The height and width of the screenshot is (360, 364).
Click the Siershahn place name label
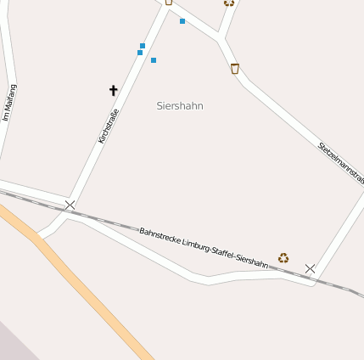(x=180, y=105)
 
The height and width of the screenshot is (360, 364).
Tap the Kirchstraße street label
(x=108, y=126)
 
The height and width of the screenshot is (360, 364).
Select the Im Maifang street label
(x=9, y=102)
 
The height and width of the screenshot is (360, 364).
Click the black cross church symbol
(x=114, y=90)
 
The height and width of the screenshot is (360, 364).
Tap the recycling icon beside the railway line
(x=283, y=257)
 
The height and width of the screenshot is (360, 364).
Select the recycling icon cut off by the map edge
(x=229, y=3)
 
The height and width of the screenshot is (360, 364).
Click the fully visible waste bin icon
(x=235, y=68)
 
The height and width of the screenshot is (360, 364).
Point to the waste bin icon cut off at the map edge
(x=169, y=2)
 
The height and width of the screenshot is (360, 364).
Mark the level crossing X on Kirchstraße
(x=70, y=205)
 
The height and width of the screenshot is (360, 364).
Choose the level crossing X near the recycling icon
(x=310, y=268)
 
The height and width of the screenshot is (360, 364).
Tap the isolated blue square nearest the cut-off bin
(x=182, y=21)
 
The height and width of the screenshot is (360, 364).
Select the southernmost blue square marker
(x=154, y=60)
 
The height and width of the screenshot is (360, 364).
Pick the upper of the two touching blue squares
(x=143, y=46)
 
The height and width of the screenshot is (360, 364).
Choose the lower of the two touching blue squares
(x=140, y=53)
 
